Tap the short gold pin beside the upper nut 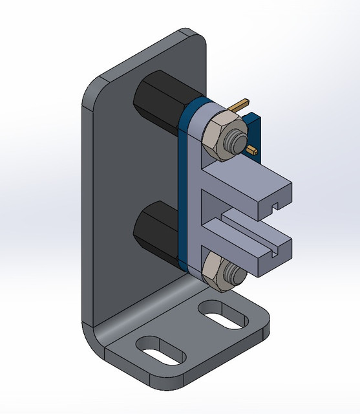pyautogui.click(x=253, y=150)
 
